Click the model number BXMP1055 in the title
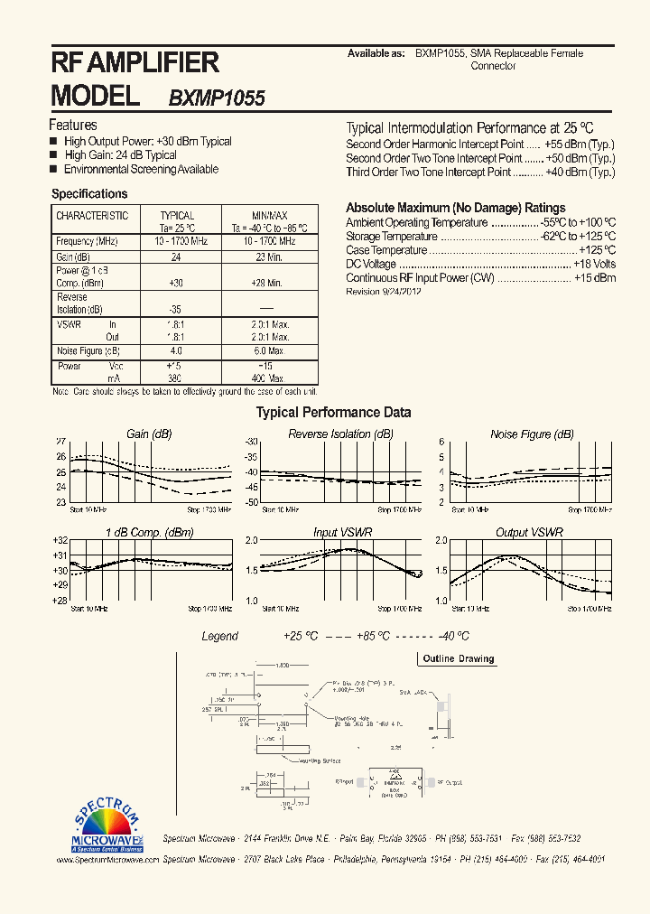click(217, 98)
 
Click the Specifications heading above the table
click(89, 194)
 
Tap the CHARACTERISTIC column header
click(92, 216)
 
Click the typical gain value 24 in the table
click(177, 256)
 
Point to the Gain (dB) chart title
click(150, 434)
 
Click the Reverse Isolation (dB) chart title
click(340, 434)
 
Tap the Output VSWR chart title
click(529, 533)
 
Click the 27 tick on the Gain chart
click(61, 442)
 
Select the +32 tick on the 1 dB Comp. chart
click(60, 539)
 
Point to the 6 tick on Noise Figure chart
click(441, 442)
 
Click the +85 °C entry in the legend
click(370, 636)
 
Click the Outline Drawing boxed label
click(459, 658)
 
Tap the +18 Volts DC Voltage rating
click(594, 264)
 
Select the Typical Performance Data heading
click(334, 413)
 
